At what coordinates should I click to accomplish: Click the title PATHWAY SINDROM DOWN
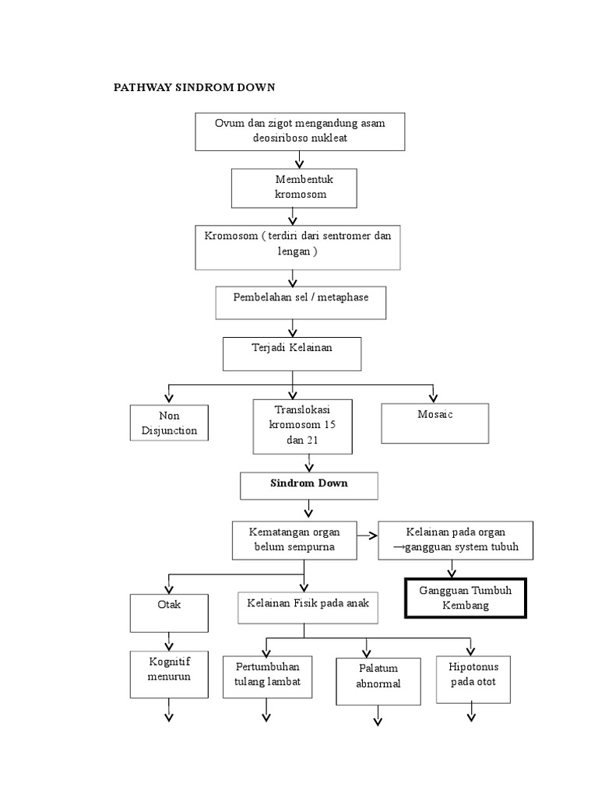click(x=195, y=88)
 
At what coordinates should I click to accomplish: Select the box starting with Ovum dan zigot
click(x=300, y=131)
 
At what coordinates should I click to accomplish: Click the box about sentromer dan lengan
click(x=297, y=248)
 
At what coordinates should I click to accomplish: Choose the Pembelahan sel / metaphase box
click(x=301, y=302)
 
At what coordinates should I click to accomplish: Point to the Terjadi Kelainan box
click(x=292, y=353)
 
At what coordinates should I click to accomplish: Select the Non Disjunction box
click(x=169, y=423)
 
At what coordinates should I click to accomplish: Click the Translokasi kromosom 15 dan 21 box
click(x=303, y=426)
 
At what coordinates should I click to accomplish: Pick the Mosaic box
click(x=434, y=423)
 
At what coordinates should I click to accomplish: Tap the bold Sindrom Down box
click(x=309, y=486)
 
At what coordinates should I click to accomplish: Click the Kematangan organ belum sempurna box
click(x=294, y=540)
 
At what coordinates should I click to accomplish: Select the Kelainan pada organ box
click(x=456, y=540)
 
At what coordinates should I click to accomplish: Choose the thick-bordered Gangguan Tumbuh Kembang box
click(x=466, y=598)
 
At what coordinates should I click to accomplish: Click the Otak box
click(x=169, y=612)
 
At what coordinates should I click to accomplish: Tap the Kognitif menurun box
click(x=169, y=675)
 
